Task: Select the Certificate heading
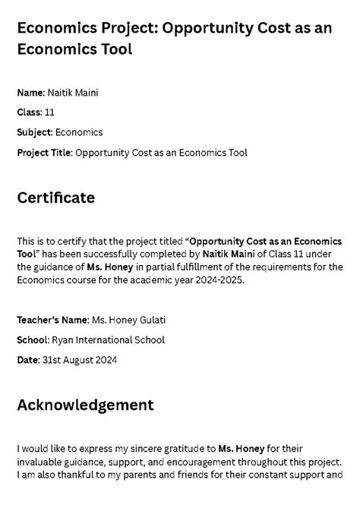click(55, 198)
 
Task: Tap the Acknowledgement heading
click(85, 405)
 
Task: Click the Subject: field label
click(35, 132)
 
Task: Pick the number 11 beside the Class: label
click(50, 112)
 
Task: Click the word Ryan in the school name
click(62, 339)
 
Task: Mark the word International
click(105, 339)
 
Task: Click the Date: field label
click(27, 360)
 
